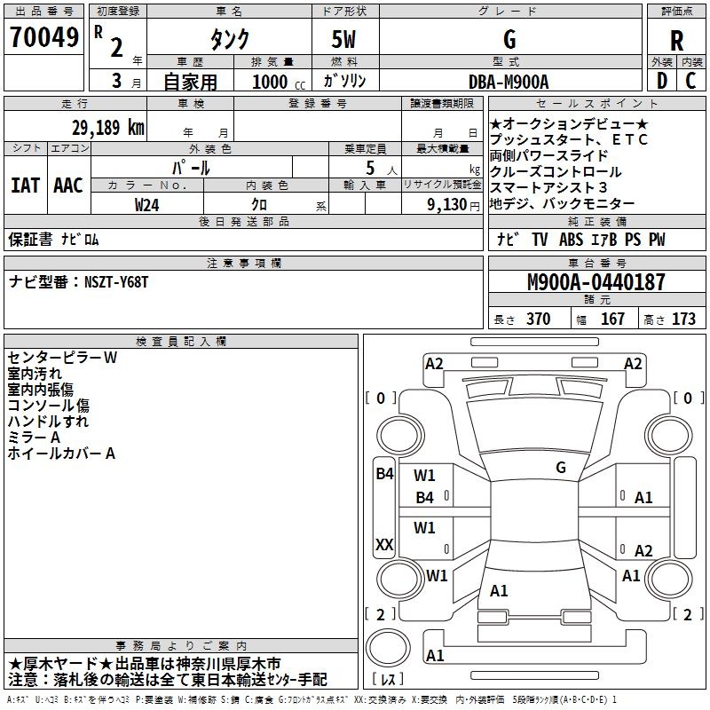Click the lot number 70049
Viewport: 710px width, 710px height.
[x=43, y=37]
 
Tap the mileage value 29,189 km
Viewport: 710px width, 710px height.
[x=107, y=128]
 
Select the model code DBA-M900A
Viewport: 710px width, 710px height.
[x=509, y=82]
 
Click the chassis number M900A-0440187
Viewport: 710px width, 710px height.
[x=596, y=281]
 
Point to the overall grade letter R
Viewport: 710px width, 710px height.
[x=676, y=41]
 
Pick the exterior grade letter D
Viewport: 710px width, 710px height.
[x=662, y=81]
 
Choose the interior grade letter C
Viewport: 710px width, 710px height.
[x=690, y=81]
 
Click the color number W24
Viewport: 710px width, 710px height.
[x=146, y=205]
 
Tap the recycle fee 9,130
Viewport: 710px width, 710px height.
[x=446, y=204]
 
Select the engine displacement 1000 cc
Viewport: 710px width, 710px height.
[x=279, y=82]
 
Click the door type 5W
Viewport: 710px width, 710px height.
[x=343, y=39]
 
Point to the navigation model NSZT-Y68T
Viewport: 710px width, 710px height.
[x=116, y=282]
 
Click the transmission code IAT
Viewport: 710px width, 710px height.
[x=26, y=185]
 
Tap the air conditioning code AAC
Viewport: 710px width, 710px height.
[x=68, y=185]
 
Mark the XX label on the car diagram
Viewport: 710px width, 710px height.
[x=384, y=544]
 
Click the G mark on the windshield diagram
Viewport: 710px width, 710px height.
[x=561, y=468]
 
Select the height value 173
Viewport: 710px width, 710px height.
[x=683, y=319]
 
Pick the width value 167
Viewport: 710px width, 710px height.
[x=612, y=319]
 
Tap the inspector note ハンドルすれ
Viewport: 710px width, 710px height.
[x=48, y=421]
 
